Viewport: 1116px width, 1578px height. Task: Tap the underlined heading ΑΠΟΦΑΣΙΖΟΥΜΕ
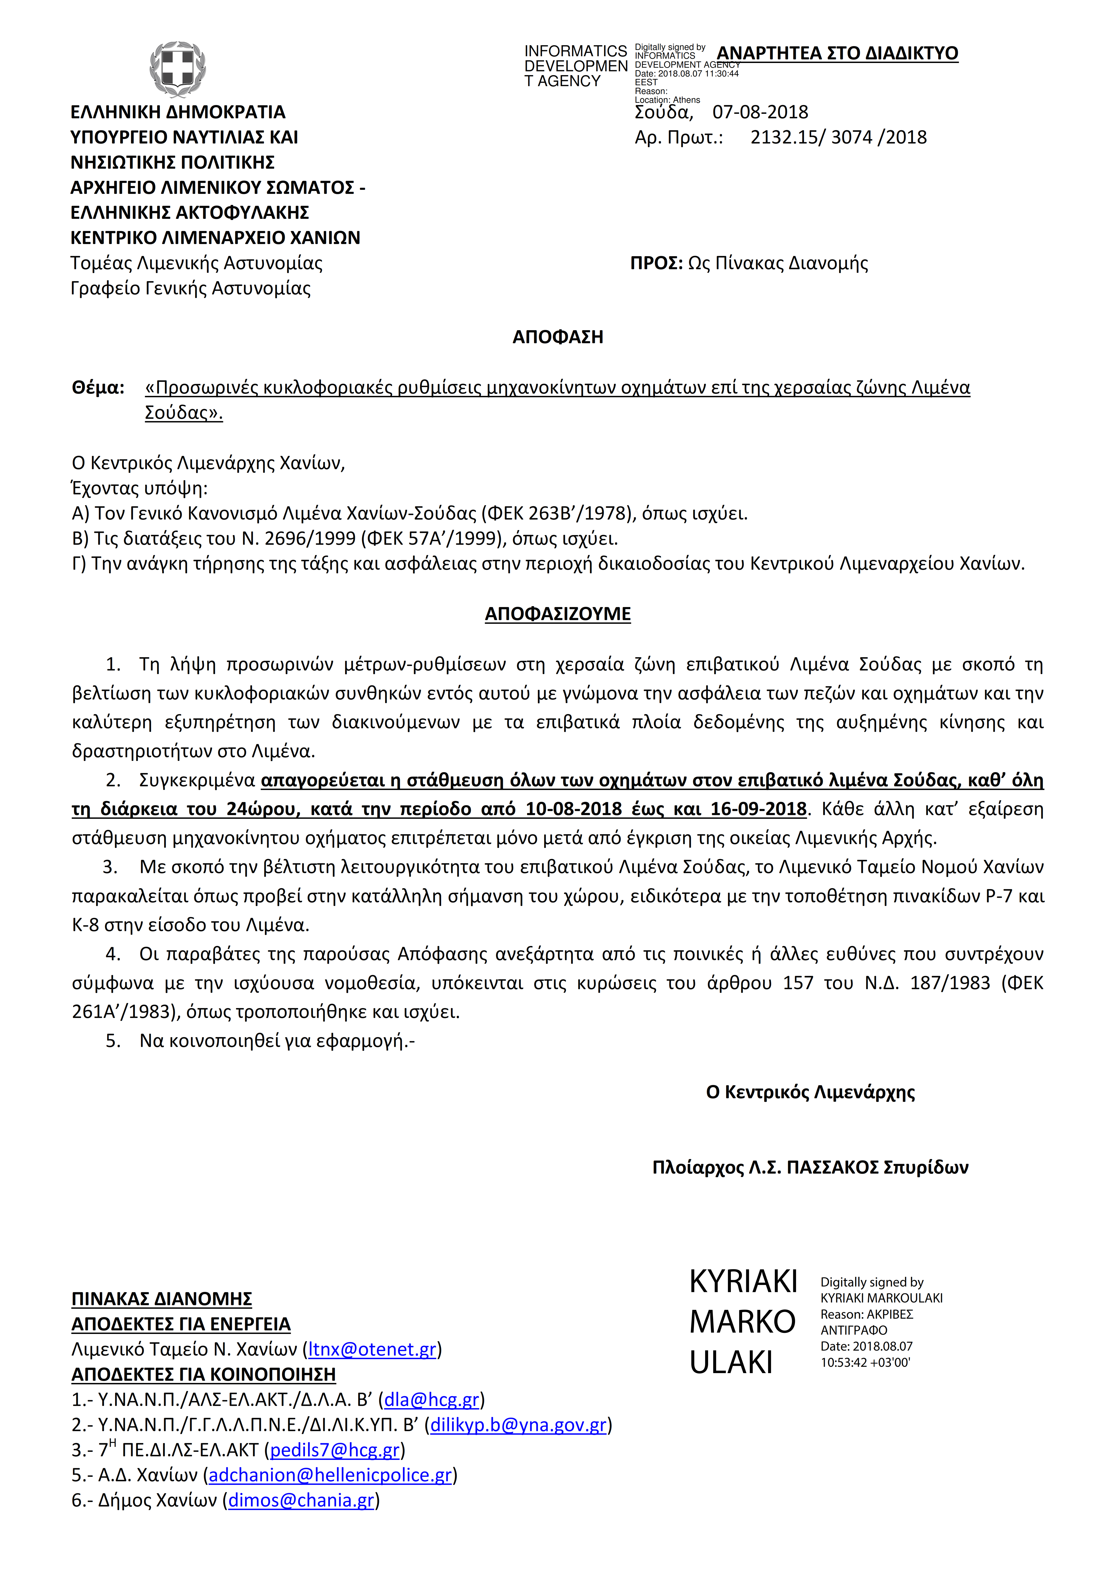pyautogui.click(x=558, y=614)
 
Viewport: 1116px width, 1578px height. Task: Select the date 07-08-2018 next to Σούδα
pyautogui.click(x=760, y=112)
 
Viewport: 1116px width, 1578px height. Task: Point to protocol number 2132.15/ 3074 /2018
pyautogui.click(x=838, y=137)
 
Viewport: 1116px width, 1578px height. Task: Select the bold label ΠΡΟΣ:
pyautogui.click(x=656, y=263)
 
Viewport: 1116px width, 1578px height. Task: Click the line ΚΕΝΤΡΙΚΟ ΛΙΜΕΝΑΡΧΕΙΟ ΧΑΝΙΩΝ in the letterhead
pyautogui.click(x=215, y=238)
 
